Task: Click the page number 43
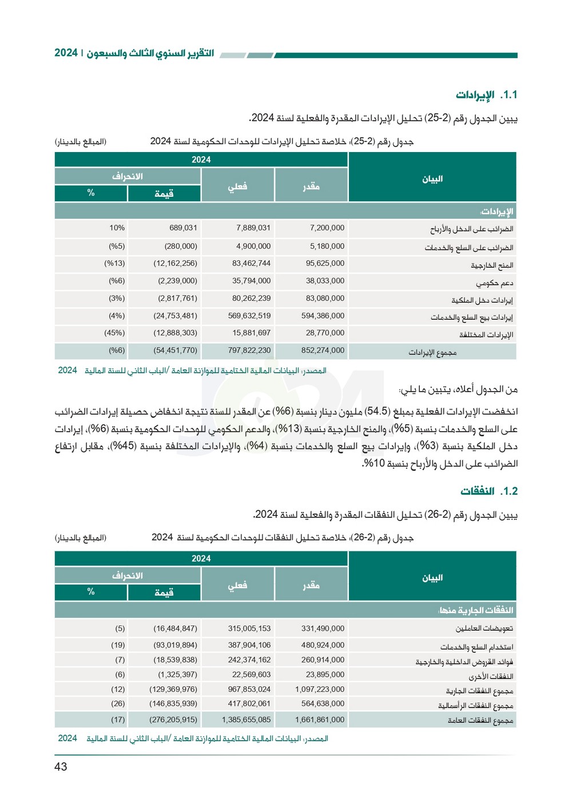[61, 767]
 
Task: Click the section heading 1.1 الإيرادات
[486, 95]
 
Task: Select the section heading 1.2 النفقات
[488, 491]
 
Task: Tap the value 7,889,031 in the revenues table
[253, 228]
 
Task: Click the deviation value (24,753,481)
[175, 316]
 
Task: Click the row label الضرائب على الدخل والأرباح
[471, 229]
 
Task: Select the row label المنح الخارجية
[492, 265]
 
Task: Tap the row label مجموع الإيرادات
[432, 353]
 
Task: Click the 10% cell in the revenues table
[117, 228]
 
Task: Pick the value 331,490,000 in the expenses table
[323, 628]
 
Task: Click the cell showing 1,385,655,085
[246, 720]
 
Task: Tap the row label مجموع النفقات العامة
[480, 721]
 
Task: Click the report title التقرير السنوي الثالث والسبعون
[150, 53]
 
